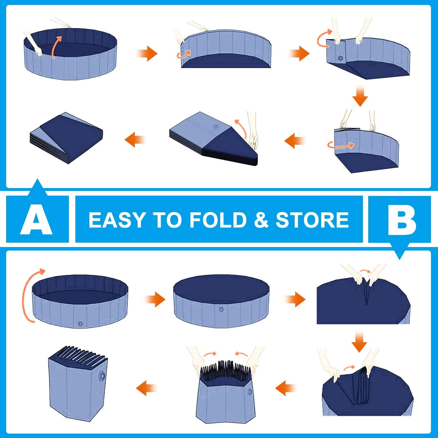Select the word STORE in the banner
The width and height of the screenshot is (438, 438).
[312, 220]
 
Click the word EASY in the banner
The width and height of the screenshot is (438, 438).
[117, 220]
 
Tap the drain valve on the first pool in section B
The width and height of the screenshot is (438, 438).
[80, 324]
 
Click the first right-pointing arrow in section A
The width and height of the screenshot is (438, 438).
[147, 54]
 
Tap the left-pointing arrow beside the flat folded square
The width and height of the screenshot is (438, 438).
[135, 140]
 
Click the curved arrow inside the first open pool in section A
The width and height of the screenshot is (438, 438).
[55, 47]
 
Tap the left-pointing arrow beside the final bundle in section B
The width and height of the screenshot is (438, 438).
[147, 388]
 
